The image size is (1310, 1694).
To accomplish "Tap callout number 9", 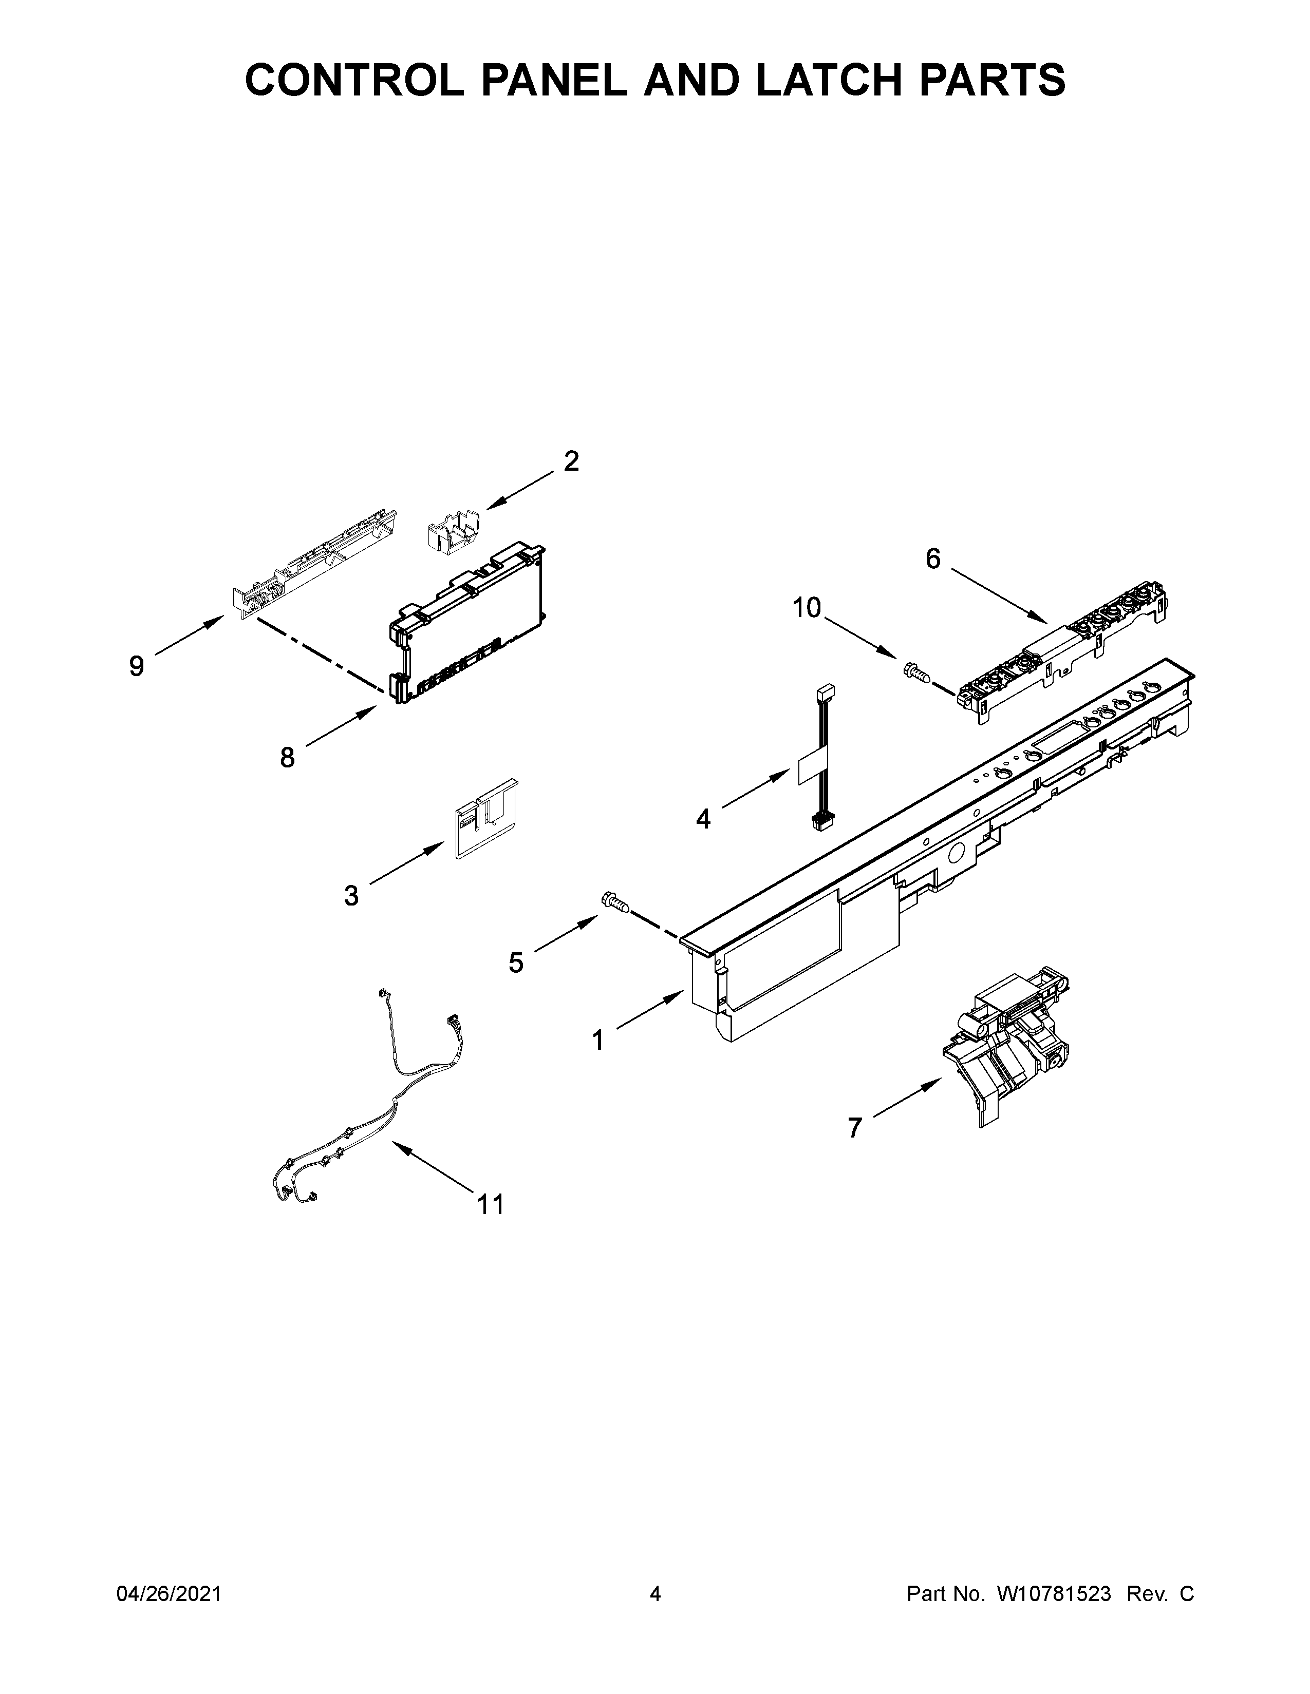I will click(137, 665).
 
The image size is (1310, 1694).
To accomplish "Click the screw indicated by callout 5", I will click(614, 901).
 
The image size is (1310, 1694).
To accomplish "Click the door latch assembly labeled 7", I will click(1009, 1040).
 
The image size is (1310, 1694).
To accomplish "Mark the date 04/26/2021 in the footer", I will click(169, 1593).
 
